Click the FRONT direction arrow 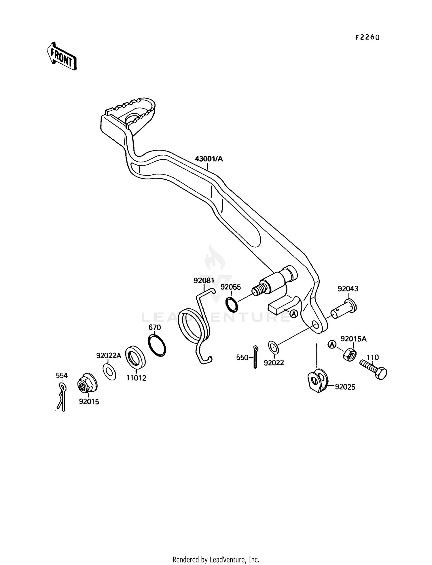pos(61,56)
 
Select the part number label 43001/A pos(209,159)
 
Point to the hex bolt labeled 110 pos(374,370)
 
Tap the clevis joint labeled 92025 pos(318,381)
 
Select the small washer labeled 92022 pos(273,347)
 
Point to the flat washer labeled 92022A pos(109,371)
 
